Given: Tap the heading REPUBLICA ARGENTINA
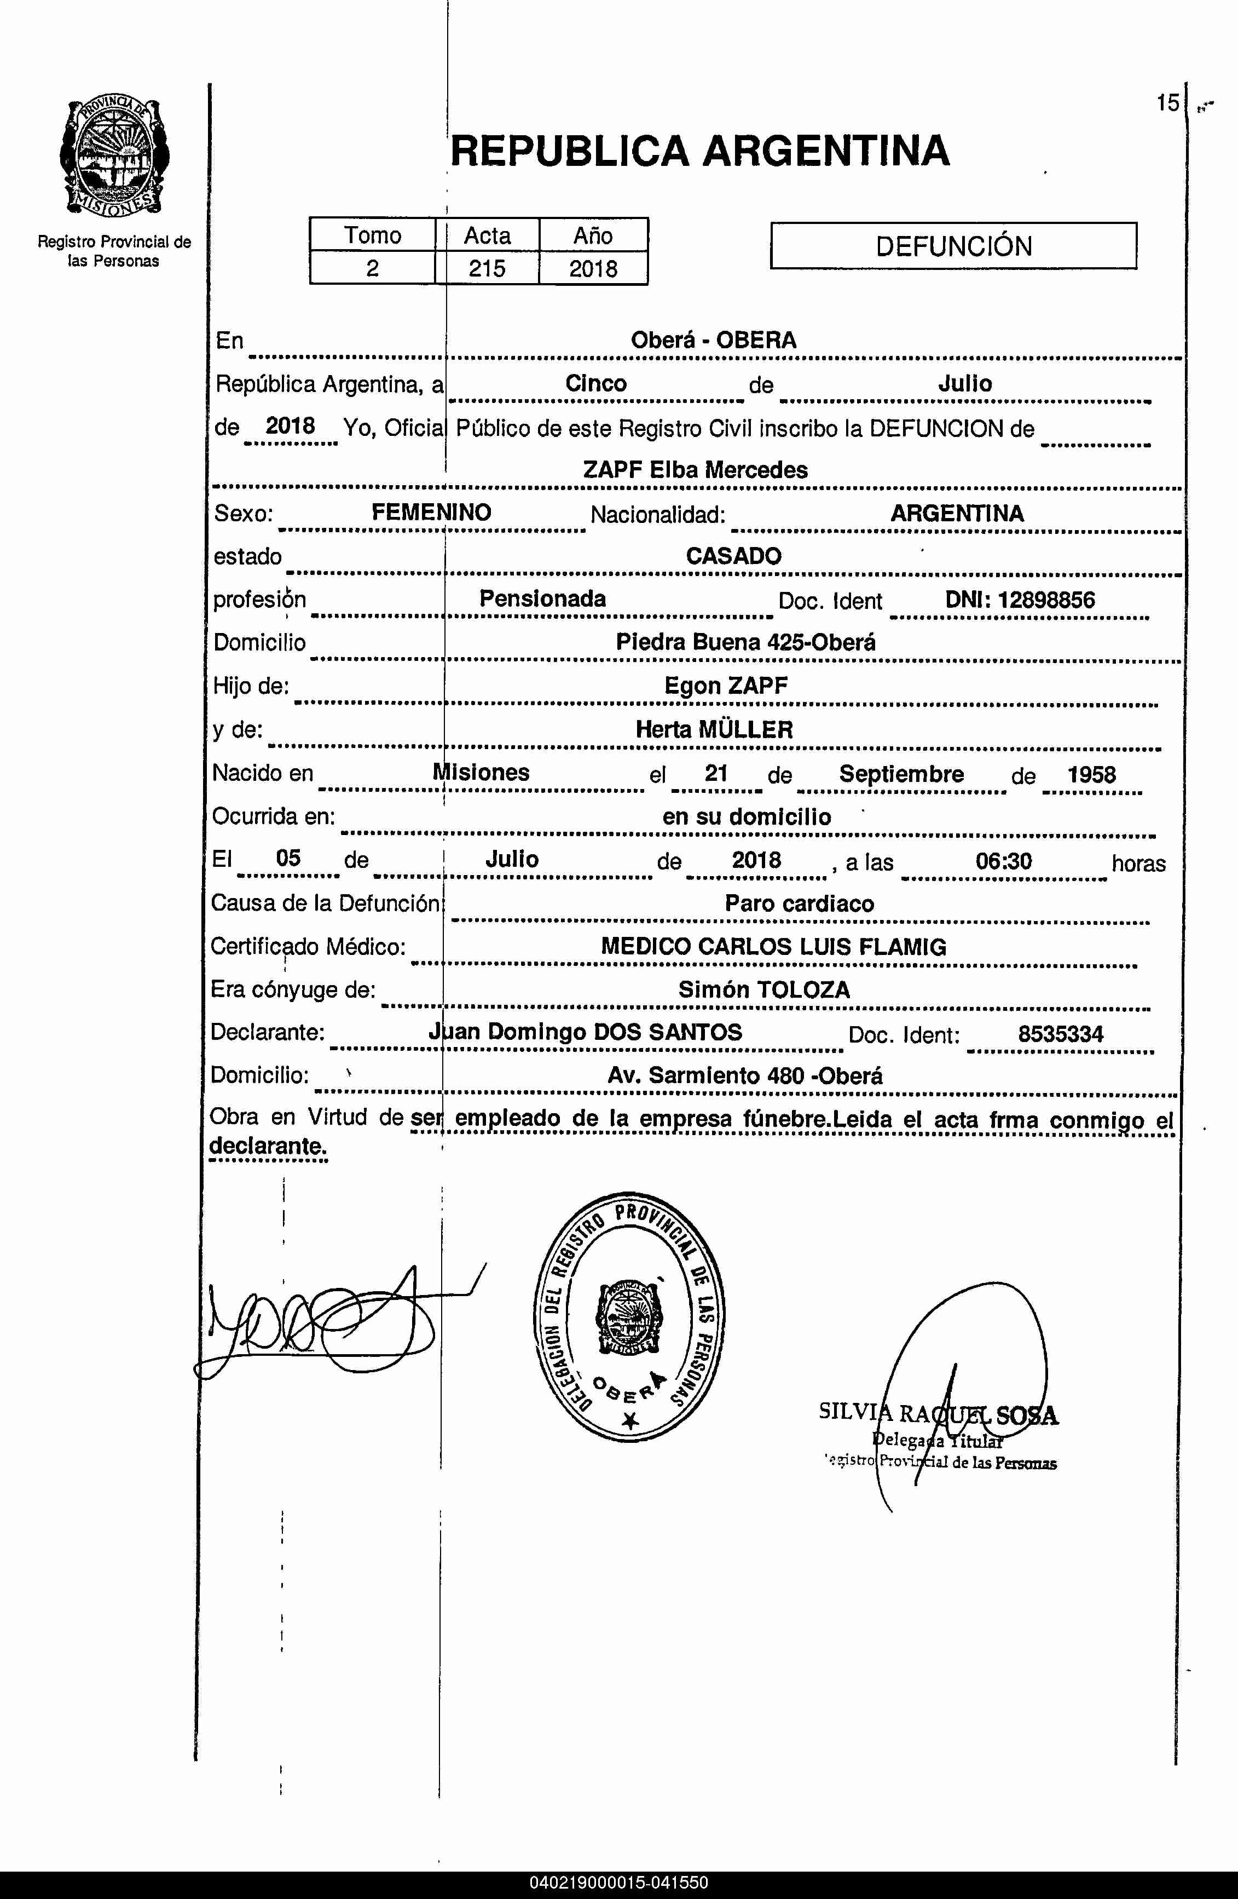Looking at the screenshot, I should (x=699, y=151).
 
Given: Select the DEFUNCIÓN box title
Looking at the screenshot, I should (x=953, y=246).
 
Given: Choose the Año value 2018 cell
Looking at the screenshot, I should (x=593, y=268).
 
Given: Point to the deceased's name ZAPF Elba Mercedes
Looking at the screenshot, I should (x=695, y=470).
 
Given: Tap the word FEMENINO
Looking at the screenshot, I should (x=431, y=512).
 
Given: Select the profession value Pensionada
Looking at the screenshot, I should (x=542, y=599).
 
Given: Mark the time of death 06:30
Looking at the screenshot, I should (x=1004, y=861).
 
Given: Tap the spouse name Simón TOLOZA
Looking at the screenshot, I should (x=763, y=989).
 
